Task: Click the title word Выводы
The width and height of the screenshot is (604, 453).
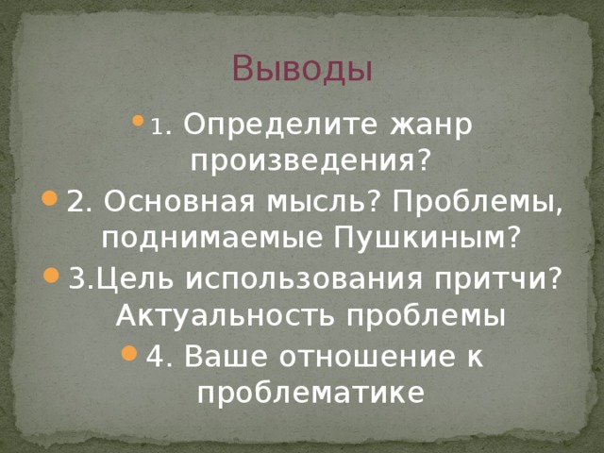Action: tap(301, 69)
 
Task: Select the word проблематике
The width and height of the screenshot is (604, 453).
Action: tap(303, 393)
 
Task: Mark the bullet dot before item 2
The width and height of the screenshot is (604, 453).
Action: tap(50, 202)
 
